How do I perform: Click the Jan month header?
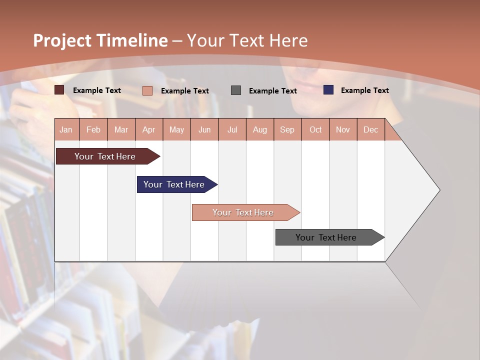click(66, 129)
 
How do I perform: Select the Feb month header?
click(93, 129)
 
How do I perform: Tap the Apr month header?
click(148, 129)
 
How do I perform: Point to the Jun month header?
click(204, 129)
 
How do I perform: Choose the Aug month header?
click(259, 129)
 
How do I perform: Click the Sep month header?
click(287, 129)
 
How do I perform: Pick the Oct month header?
click(315, 129)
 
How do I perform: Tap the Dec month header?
click(370, 129)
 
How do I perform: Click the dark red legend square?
click(59, 90)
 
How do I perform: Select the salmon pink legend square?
click(147, 90)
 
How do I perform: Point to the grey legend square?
click(236, 90)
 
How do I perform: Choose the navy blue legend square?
click(328, 90)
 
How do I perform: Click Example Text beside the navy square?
click(364, 90)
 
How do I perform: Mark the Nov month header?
click(343, 129)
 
